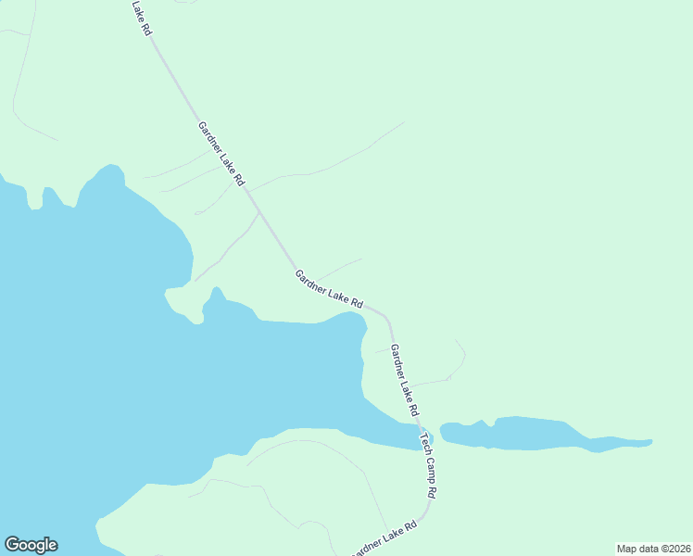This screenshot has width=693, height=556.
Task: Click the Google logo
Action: [31, 545]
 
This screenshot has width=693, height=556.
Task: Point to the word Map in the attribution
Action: [628, 549]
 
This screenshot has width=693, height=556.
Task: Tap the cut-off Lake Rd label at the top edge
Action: [141, 18]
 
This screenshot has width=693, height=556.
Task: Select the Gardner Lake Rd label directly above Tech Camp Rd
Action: [405, 379]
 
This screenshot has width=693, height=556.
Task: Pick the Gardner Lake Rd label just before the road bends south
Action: [328, 288]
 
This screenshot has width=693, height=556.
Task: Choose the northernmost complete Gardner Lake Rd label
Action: [220, 154]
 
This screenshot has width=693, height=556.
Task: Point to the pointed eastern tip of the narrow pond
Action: [650, 441]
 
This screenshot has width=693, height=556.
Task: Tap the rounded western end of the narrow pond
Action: [444, 431]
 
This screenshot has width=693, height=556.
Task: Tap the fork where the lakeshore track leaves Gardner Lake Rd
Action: [258, 212]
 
